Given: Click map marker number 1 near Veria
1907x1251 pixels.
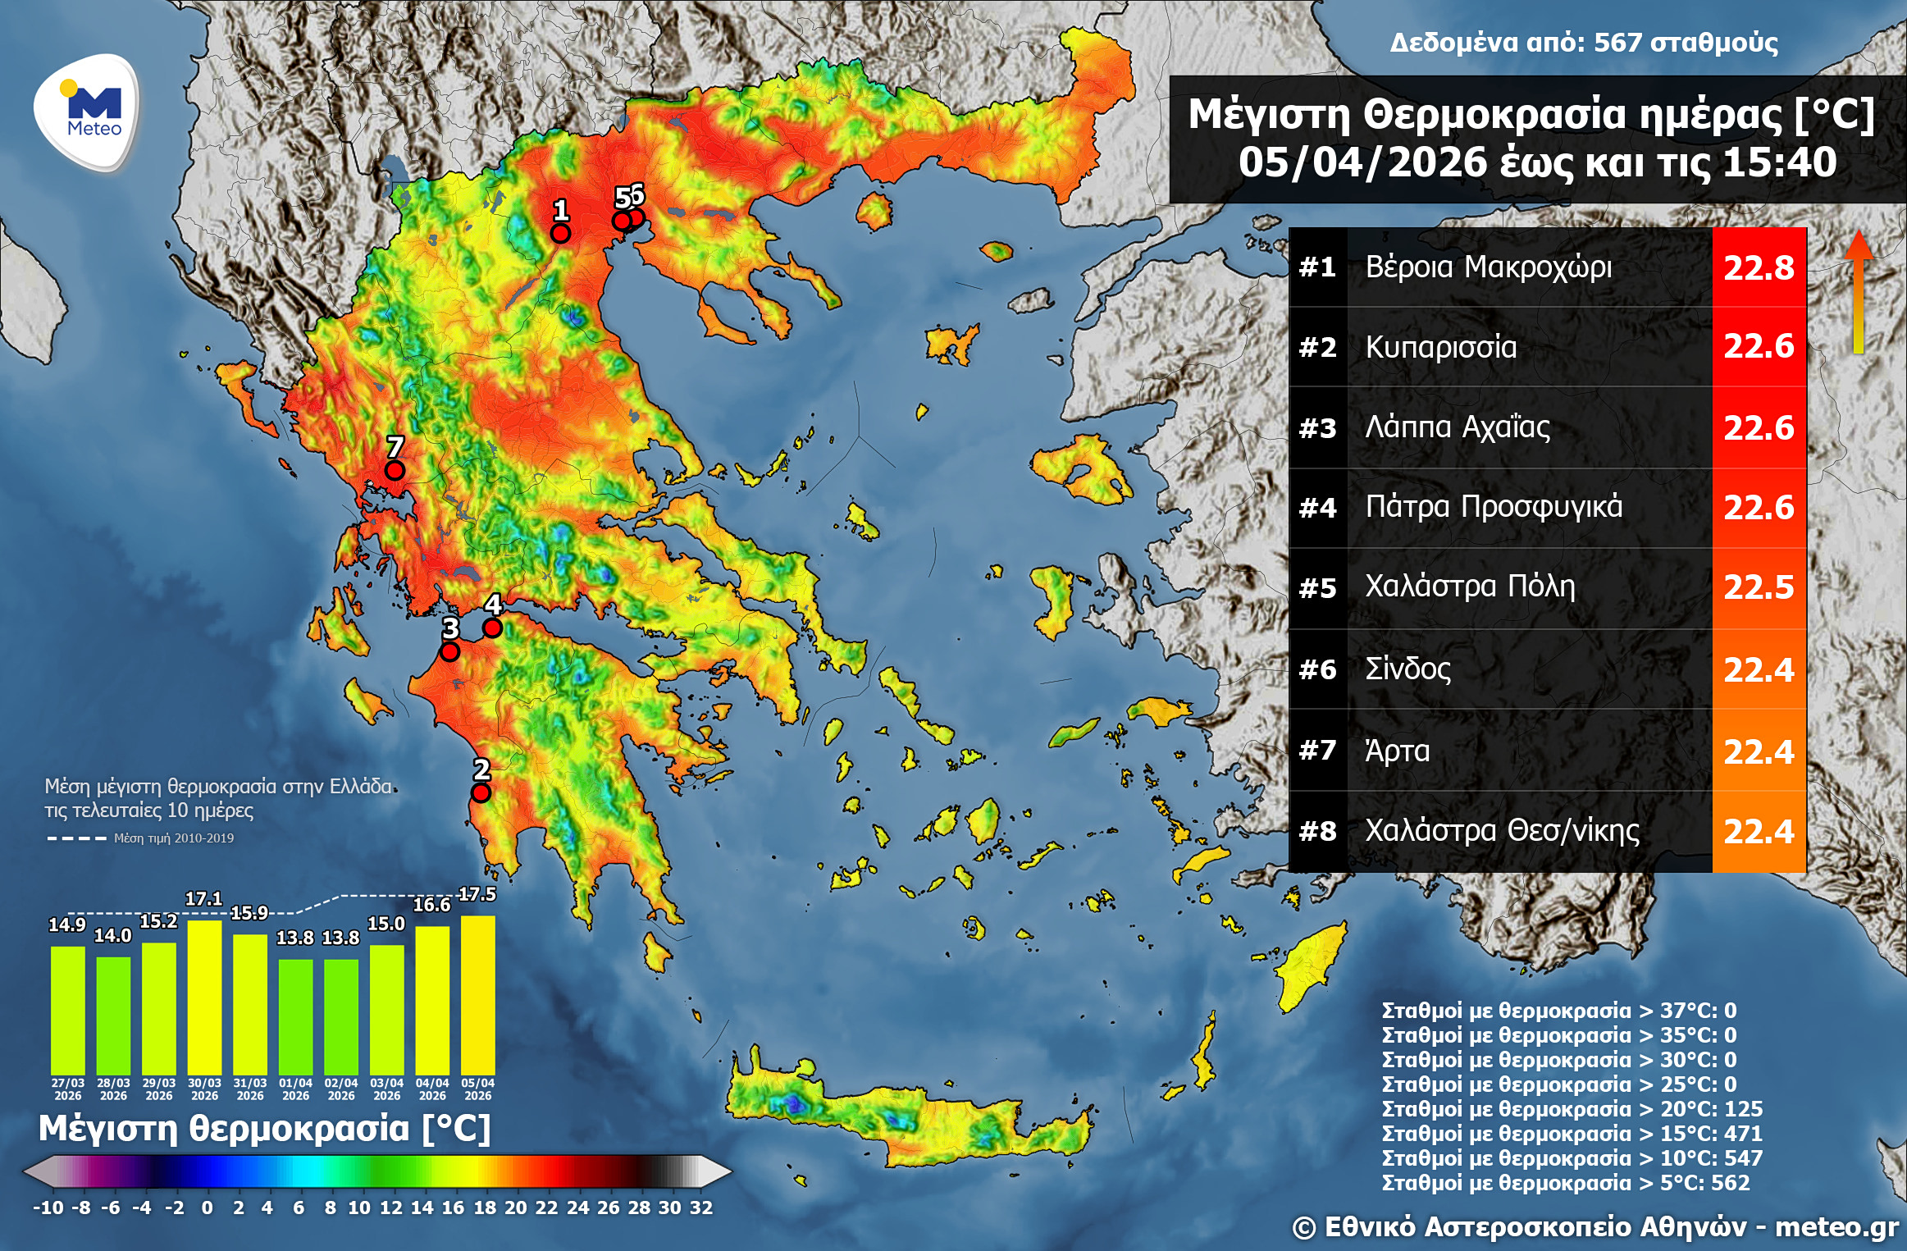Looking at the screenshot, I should tap(560, 233).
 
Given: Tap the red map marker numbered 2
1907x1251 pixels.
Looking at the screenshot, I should tap(481, 792).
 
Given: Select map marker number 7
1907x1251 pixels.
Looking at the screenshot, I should tap(395, 470).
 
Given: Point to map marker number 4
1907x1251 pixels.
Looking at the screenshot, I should tap(492, 628).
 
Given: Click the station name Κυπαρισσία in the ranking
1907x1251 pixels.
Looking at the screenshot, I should tap(1440, 347).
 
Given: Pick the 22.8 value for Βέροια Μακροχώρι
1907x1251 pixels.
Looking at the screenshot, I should tap(1759, 267).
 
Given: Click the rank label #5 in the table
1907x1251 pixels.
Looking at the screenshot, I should tap(1317, 588).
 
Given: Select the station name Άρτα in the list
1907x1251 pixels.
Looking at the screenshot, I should tap(1397, 751).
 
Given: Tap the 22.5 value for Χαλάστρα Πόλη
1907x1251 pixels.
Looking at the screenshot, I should tap(1759, 587).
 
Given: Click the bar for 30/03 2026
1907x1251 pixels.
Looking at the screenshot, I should tap(204, 997).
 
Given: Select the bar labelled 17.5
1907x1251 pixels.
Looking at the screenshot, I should tap(478, 994).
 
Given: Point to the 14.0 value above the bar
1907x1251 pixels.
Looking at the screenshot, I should tap(112, 936).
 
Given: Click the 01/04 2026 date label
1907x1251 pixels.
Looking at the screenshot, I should tap(295, 1089).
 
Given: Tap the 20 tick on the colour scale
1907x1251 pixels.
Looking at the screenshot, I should tap(515, 1208).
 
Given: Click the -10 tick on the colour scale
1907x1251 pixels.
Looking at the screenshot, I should tap(48, 1208).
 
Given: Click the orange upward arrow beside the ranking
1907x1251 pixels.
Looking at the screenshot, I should tap(1859, 291).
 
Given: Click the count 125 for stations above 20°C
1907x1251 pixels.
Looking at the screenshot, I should tap(1743, 1109).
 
